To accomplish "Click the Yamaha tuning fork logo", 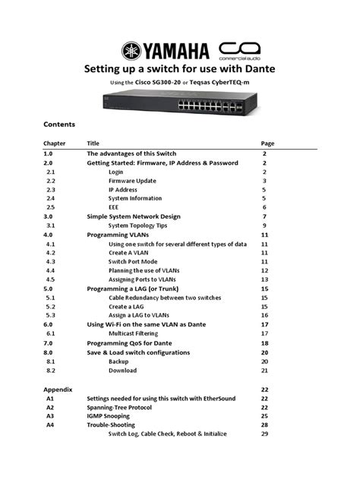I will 131,52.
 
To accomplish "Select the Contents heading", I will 58,124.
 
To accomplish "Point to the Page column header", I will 267,143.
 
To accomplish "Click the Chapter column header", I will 55,143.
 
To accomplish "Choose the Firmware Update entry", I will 132,181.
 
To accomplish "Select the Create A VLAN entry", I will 131,253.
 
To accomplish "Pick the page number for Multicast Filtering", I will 265,333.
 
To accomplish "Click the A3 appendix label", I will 50,415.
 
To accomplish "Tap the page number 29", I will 265,434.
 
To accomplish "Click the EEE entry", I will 114,207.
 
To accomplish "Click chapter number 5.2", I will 50,306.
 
